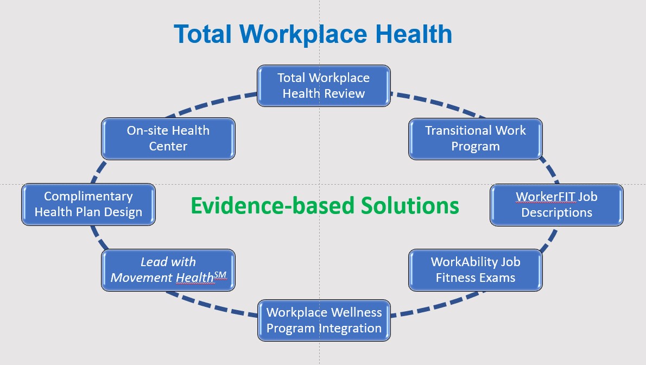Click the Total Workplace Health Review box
324,85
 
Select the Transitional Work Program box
475,139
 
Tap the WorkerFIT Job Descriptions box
556,205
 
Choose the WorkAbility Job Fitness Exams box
475,270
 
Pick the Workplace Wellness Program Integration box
324,320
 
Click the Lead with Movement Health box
168,270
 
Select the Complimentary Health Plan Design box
88,205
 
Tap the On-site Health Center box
168,139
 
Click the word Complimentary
88,197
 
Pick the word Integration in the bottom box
355,329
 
